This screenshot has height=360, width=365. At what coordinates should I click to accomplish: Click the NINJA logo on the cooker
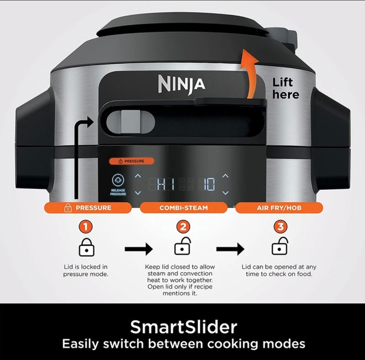tap(182, 84)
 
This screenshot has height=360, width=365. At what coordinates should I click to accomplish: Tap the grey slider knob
tap(130, 122)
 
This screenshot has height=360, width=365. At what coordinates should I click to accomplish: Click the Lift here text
tap(286, 89)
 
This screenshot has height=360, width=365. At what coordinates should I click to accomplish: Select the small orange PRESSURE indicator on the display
tap(131, 161)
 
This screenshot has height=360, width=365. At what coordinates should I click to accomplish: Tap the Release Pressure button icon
tap(118, 180)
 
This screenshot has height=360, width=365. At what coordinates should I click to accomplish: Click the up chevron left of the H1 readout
tap(138, 176)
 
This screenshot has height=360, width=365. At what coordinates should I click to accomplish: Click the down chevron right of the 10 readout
tap(225, 193)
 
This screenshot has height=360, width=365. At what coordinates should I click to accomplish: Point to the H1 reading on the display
tap(165, 184)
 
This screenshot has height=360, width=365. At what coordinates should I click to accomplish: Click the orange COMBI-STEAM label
tap(183, 208)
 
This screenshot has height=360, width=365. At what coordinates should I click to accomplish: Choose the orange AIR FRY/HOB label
tap(279, 208)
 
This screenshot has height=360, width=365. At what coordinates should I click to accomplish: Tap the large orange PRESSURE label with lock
tap(88, 208)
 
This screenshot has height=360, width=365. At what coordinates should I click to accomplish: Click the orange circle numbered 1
tap(86, 226)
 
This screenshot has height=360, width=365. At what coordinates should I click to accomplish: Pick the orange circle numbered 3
tap(280, 226)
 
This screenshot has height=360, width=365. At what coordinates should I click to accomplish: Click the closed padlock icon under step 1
tap(86, 247)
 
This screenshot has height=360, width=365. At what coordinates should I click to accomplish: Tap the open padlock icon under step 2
tap(182, 246)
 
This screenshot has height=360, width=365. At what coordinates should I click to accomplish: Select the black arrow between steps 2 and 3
tap(230, 249)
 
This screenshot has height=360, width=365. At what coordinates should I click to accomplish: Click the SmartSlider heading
tap(183, 327)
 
